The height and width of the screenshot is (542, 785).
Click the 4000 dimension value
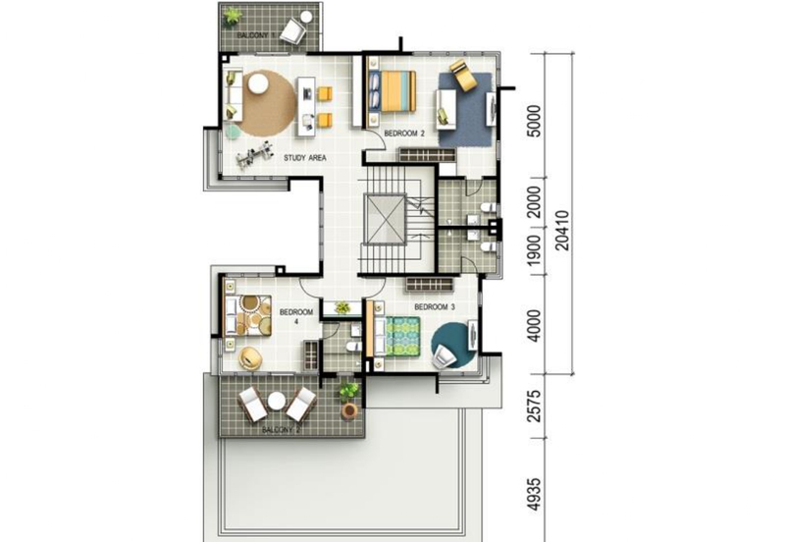(x=533, y=326)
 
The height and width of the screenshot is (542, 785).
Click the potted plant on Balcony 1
(x=233, y=16)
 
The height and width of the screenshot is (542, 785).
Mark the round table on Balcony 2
(x=277, y=401)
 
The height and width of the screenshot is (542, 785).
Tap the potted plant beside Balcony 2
(x=348, y=395)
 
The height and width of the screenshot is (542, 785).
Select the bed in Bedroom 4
(x=247, y=314)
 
